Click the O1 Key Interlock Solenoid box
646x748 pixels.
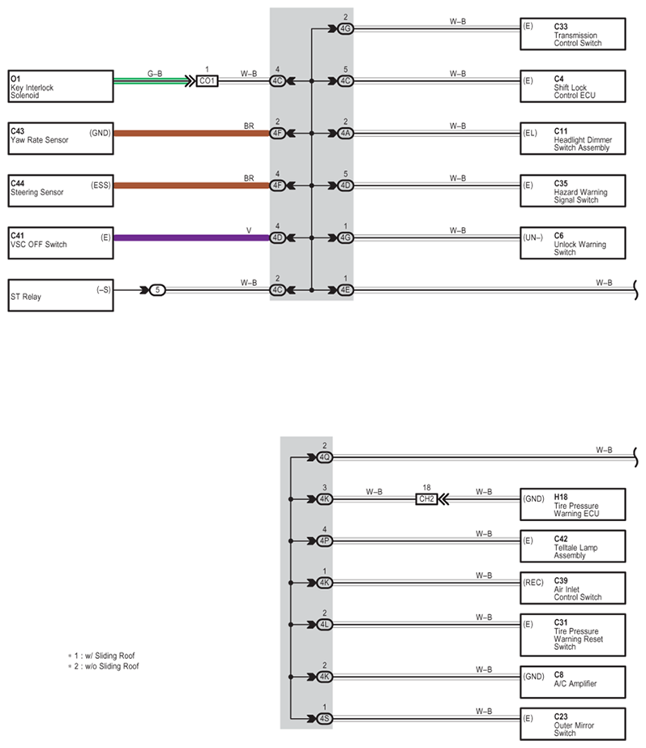point(61,87)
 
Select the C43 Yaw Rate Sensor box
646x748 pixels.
point(61,139)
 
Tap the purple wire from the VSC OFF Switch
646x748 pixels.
point(192,237)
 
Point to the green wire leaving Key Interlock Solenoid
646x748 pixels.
point(152,81)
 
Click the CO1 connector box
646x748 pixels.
point(207,81)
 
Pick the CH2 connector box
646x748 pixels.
point(426,499)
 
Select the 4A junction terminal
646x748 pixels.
point(345,133)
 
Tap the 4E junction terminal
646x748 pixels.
point(345,290)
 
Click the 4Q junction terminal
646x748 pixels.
point(324,458)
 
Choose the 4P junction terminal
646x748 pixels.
point(324,541)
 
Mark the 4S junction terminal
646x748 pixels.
point(324,719)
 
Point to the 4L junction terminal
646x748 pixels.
point(324,625)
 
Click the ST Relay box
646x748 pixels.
point(61,295)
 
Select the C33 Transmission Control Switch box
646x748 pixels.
point(572,34)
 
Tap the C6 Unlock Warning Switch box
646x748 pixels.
point(572,243)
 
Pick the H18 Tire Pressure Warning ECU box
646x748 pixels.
point(572,504)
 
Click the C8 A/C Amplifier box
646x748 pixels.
point(572,682)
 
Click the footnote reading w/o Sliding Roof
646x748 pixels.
point(104,666)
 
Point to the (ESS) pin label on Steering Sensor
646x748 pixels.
point(101,185)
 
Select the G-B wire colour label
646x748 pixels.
point(155,74)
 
